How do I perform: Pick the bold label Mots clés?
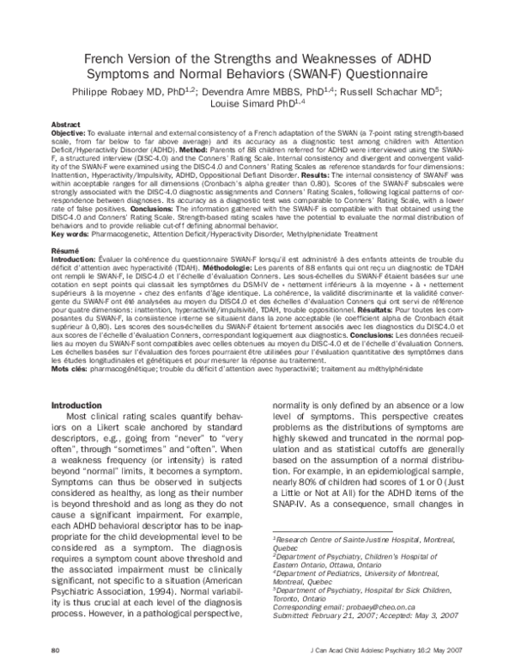click(x=72, y=368)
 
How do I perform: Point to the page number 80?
click(x=56, y=647)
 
